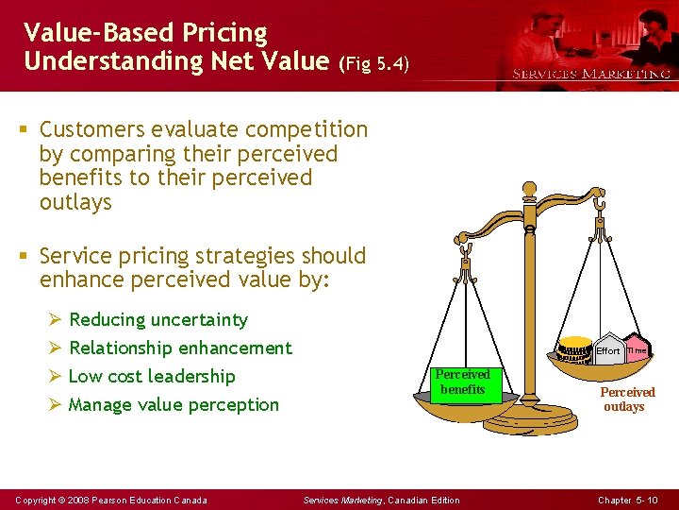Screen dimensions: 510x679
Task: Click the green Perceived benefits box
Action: point(462,382)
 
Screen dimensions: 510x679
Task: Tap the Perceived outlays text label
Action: point(626,399)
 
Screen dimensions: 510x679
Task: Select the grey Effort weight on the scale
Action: point(607,350)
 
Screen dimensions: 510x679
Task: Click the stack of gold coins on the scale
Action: point(573,352)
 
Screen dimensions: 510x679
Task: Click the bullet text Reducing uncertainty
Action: point(158,320)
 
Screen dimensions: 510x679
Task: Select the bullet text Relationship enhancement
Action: point(180,348)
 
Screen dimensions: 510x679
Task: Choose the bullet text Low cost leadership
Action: point(152,377)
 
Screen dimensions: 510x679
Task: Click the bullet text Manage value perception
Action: point(174,405)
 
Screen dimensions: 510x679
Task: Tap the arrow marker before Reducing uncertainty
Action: point(56,320)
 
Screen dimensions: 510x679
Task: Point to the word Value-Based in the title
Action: point(84,33)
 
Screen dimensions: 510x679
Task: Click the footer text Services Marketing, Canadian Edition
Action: point(381,500)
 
